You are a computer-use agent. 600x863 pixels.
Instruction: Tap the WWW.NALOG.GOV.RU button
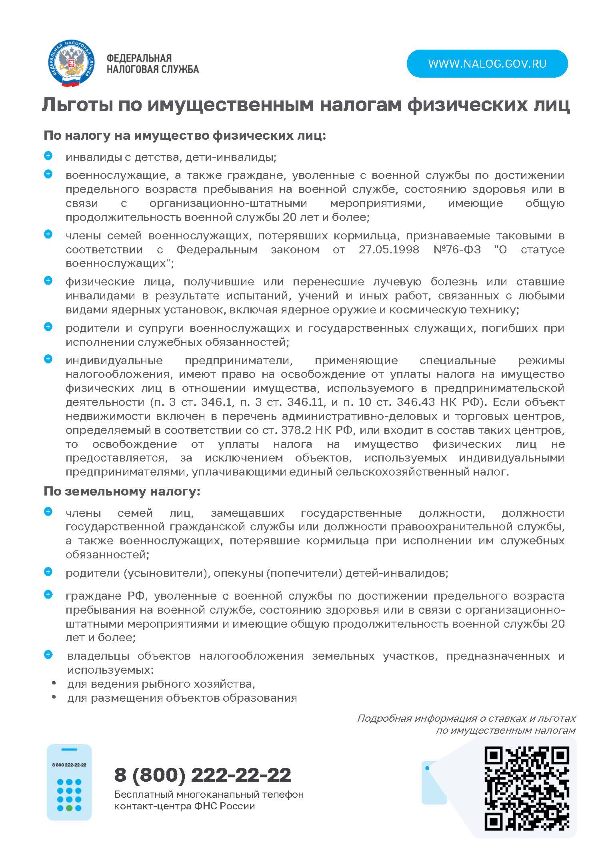(487, 64)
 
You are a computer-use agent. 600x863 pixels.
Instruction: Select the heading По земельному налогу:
(122, 491)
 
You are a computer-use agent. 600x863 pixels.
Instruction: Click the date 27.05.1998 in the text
(388, 250)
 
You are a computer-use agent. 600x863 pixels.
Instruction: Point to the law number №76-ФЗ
(457, 250)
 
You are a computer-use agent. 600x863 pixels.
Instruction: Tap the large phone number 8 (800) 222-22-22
(202, 775)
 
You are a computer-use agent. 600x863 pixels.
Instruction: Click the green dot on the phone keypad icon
(69, 808)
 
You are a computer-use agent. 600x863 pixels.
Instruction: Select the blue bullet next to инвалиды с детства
(48, 156)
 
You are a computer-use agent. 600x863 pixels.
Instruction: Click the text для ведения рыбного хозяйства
(161, 684)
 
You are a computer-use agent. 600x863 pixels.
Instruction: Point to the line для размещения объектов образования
(182, 698)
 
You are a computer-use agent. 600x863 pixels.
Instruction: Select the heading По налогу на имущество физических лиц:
(185, 135)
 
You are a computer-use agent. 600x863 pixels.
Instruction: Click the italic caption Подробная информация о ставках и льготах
(466, 718)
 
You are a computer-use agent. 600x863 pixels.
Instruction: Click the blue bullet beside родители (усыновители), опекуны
(48, 572)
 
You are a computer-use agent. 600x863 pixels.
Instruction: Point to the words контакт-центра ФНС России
(184, 806)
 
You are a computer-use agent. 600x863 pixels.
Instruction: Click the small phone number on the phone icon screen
(69, 765)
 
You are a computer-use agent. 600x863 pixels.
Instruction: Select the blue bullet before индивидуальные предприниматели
(48, 359)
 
